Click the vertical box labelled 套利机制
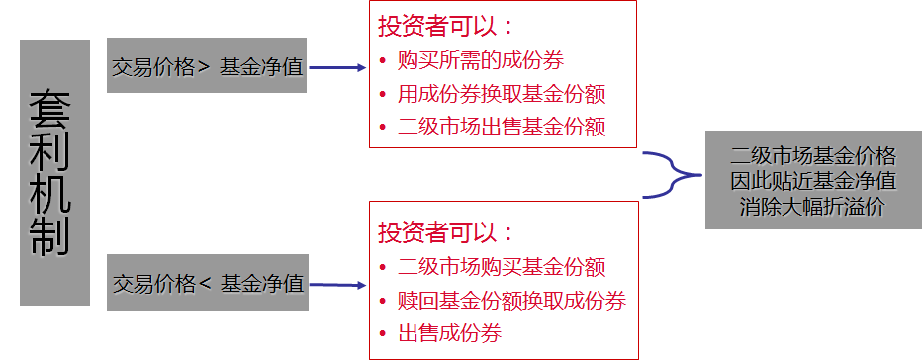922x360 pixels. pyautogui.click(x=54, y=172)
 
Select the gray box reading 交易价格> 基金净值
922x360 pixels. pyautogui.click(x=208, y=67)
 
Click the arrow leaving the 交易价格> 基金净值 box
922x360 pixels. pyautogui.click(x=337, y=68)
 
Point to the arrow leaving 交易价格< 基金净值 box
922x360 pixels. pyautogui.click(x=337, y=286)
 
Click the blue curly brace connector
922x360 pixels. pyautogui.click(x=668, y=175)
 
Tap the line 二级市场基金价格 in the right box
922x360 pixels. pyautogui.click(x=813, y=156)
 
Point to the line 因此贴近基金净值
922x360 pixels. pyautogui.click(x=813, y=181)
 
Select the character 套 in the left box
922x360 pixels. pyautogui.click(x=54, y=109)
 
